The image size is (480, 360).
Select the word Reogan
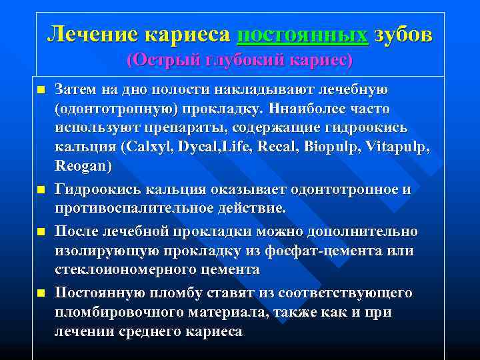[x=84, y=165]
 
